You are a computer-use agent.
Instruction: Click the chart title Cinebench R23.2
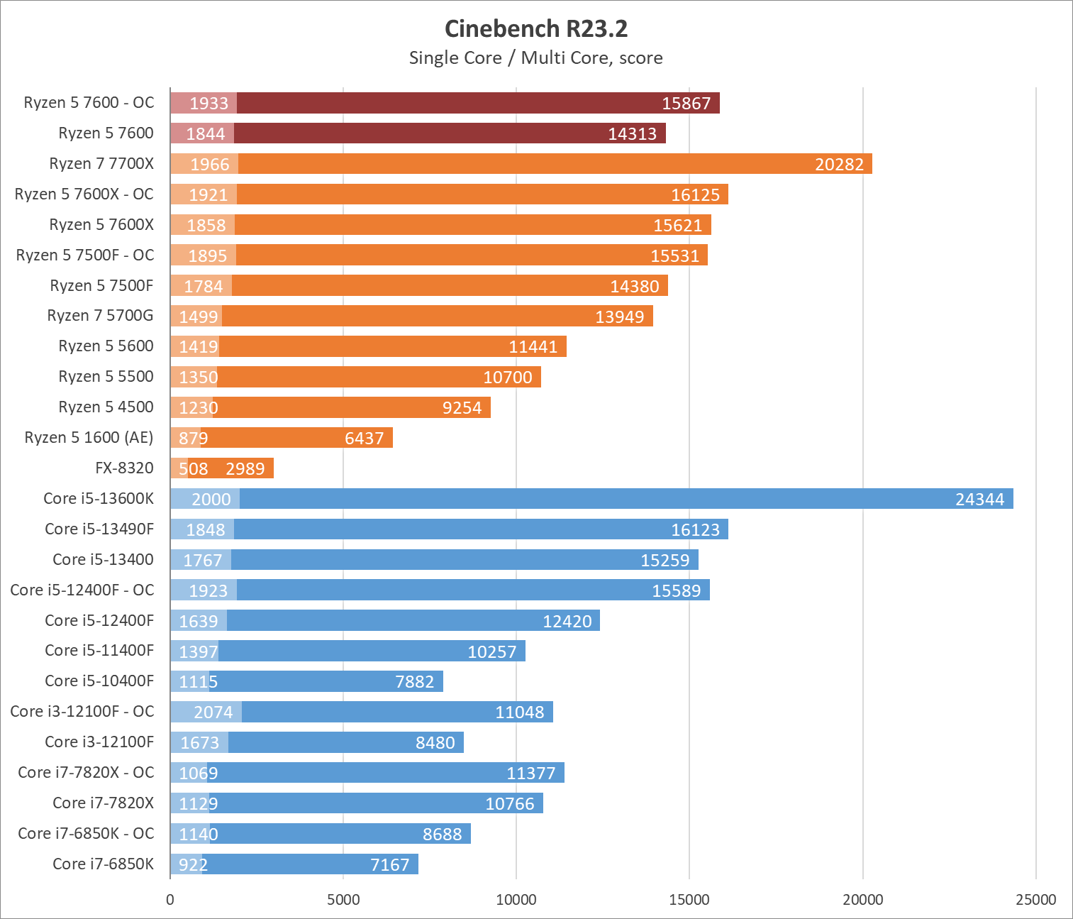(536, 29)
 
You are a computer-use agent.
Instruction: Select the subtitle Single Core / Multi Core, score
(536, 58)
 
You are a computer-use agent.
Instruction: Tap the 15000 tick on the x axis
(689, 900)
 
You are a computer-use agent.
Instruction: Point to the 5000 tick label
(343, 900)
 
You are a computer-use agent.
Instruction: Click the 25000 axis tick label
(1035, 900)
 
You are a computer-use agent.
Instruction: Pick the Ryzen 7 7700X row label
(101, 164)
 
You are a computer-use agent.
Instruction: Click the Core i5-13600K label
(99, 499)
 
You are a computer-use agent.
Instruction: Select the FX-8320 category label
(124, 468)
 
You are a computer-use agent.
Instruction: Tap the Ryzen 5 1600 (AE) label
(89, 438)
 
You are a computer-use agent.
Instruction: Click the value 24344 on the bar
(979, 500)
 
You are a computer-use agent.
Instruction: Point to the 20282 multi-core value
(839, 165)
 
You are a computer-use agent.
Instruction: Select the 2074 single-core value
(213, 712)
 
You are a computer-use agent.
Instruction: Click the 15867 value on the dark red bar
(686, 104)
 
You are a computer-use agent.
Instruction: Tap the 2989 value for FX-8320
(245, 469)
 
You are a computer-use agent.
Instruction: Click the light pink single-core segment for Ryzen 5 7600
(201, 133)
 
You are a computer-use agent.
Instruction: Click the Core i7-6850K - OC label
(86, 834)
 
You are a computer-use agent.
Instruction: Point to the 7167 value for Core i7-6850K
(390, 865)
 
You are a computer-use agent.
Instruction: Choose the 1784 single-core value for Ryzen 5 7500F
(204, 287)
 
